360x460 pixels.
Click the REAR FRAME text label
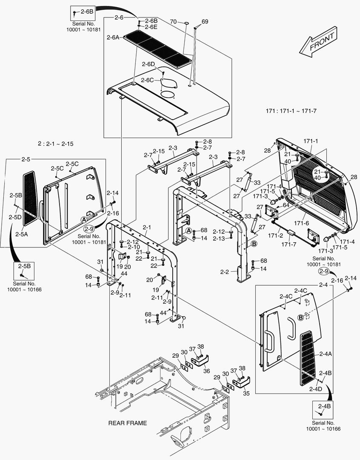click(x=128, y=423)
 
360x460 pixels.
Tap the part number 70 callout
click(x=173, y=21)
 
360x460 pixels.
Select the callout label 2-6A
click(x=113, y=37)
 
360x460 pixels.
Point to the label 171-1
click(x=311, y=141)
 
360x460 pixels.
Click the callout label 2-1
click(x=147, y=227)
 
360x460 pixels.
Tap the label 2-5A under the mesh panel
click(x=21, y=234)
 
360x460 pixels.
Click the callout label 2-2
click(x=225, y=272)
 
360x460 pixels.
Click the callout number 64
click(x=286, y=205)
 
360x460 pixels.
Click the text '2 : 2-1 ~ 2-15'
click(x=55, y=144)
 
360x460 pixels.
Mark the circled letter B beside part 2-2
click(x=254, y=244)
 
